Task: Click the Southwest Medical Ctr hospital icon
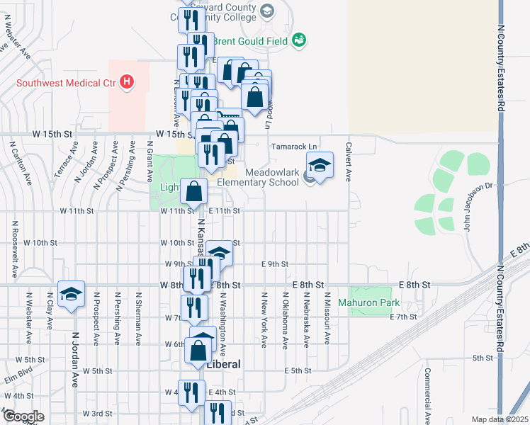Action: [x=127, y=83]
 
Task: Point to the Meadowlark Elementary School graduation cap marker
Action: [x=320, y=167]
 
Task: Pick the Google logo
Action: [x=23, y=416]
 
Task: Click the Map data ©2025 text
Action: [x=500, y=419]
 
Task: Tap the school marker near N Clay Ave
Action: [x=71, y=295]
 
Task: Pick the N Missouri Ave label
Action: [x=327, y=318]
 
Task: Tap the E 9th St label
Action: [x=274, y=263]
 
